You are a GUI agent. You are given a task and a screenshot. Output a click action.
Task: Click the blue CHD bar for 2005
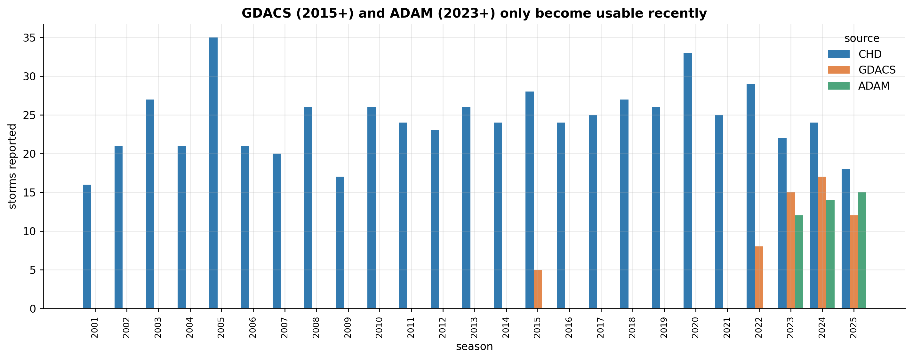point(213,173)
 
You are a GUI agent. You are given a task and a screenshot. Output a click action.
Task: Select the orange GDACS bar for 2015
point(538,289)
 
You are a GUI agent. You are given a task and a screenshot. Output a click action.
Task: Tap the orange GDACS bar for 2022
point(759,277)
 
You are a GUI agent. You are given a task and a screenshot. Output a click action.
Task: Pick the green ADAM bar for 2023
point(799,262)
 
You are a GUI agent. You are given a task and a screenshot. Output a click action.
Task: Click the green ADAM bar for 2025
point(862,251)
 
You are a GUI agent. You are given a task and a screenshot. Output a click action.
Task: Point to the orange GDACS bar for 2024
point(822,243)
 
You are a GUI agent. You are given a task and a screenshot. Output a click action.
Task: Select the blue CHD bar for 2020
point(688,181)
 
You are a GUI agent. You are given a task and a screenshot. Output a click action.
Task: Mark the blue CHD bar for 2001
point(87,247)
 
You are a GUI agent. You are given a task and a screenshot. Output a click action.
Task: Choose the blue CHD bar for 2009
point(340,243)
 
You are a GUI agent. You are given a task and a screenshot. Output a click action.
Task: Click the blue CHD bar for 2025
point(846,239)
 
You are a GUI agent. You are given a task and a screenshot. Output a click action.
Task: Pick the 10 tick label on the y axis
point(29,231)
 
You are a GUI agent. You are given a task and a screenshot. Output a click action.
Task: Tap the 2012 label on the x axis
point(442,328)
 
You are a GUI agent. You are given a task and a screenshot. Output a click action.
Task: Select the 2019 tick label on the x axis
point(664,328)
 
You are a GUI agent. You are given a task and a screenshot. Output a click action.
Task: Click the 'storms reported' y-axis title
point(12,166)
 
